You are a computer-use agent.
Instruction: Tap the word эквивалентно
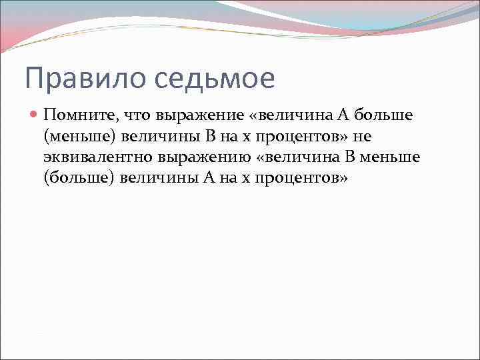tap(98, 159)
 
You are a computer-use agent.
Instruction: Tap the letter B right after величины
tap(209, 137)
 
